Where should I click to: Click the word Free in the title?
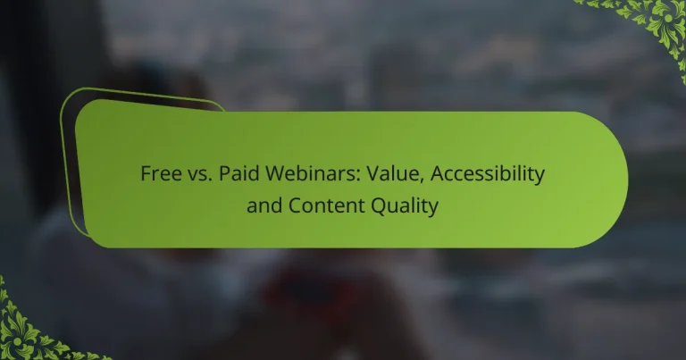point(159,175)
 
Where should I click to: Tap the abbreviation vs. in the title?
point(198,175)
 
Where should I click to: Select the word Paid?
point(235,175)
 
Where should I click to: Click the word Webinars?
point(301,175)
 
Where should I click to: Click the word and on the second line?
point(264,205)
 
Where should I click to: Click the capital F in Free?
point(146,175)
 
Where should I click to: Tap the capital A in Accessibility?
point(417,175)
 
